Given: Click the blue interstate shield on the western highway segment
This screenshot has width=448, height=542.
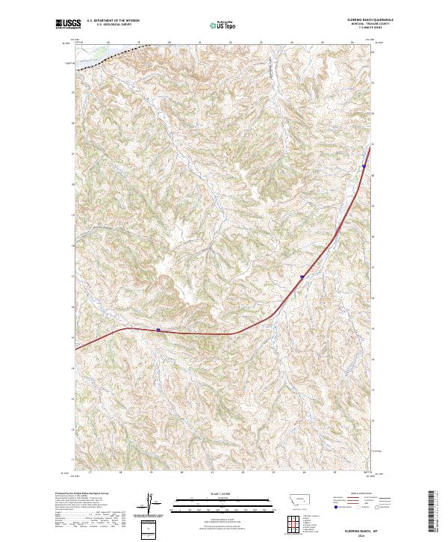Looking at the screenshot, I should click(x=158, y=329).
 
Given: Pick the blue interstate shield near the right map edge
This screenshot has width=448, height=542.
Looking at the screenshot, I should click(x=364, y=167).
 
